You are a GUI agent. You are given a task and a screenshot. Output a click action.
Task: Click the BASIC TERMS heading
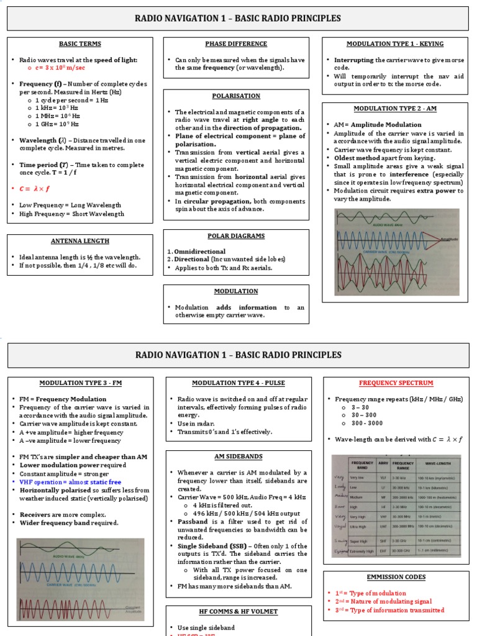tap(79, 44)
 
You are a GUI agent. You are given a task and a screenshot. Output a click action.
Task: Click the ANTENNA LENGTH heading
tap(79, 242)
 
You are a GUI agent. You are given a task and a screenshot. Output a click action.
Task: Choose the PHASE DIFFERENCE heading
tap(236, 44)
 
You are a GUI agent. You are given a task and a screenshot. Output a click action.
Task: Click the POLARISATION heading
tap(236, 96)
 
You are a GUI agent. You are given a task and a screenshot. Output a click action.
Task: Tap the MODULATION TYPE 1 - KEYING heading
tap(395, 44)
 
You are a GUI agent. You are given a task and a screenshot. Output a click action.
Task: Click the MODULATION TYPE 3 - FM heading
tap(79, 383)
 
